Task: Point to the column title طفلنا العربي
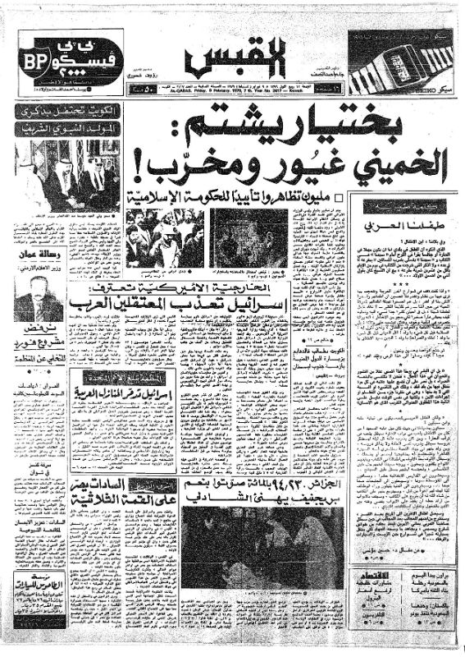[398, 219]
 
